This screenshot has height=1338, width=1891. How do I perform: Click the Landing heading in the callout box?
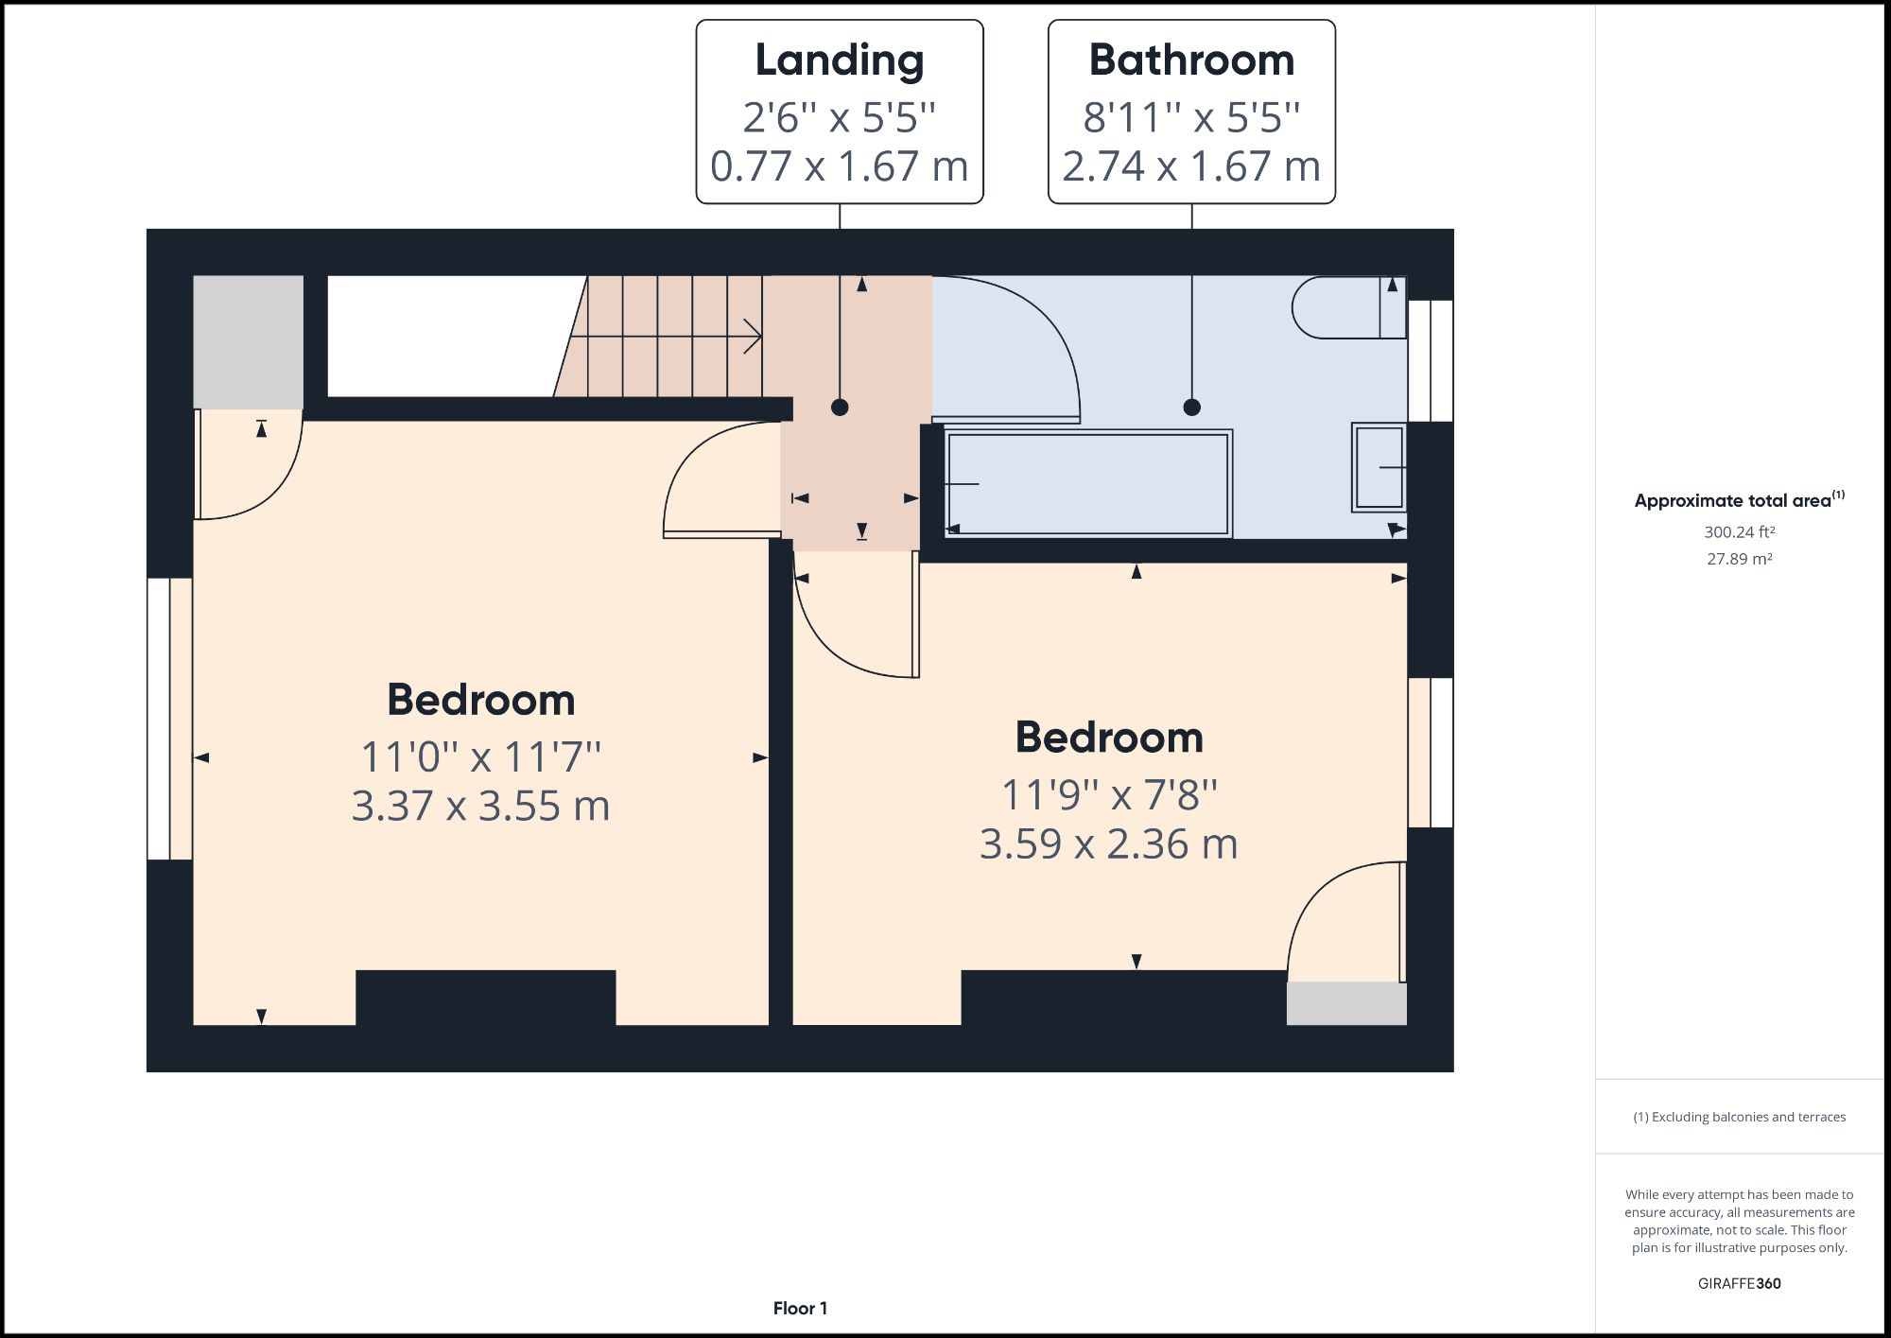[839, 61]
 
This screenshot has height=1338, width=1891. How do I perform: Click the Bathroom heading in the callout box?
[1191, 61]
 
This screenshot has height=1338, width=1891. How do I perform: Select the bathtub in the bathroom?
[1087, 484]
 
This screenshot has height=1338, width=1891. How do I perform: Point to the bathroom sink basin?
[1379, 467]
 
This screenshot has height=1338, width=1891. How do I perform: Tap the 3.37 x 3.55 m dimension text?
[480, 806]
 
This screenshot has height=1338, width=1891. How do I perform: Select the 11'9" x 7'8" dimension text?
[1108, 794]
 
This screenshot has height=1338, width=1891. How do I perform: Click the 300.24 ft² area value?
[1739, 532]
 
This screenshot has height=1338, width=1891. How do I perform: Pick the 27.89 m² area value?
[1739, 559]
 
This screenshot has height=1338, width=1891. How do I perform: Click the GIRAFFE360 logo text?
[1739, 1283]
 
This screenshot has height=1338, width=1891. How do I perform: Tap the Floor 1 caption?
[800, 1308]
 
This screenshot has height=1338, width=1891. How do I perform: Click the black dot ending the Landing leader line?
[840, 408]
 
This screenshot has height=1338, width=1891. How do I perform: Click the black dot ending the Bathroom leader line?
[1191, 408]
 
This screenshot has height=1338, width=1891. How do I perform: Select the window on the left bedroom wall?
[169, 719]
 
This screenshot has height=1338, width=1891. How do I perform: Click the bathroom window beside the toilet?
[1431, 360]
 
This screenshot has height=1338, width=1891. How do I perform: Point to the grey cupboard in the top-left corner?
[248, 341]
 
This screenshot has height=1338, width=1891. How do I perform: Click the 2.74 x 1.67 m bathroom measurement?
[1191, 167]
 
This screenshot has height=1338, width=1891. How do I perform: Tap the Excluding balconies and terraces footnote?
[1739, 1117]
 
